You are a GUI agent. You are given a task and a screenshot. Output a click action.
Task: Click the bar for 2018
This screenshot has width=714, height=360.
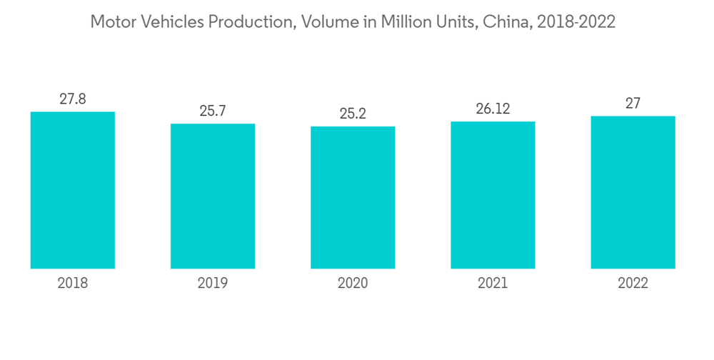coord(73,190)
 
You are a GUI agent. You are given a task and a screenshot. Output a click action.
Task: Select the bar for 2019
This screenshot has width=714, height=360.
coord(213,196)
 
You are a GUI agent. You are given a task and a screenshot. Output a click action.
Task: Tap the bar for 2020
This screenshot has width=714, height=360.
coord(353,197)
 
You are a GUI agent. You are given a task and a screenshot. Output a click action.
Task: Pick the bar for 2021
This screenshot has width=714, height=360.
coord(493,194)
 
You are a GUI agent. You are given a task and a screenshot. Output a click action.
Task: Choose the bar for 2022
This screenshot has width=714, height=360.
coord(633,192)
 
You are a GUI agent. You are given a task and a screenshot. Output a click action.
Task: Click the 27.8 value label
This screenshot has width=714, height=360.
coord(73,99)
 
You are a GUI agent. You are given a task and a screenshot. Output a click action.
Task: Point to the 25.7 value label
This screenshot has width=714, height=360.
coord(213,111)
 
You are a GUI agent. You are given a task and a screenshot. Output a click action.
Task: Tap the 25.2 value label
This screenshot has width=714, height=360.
coord(353,114)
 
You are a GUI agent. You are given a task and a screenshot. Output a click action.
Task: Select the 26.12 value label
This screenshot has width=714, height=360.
coord(493,109)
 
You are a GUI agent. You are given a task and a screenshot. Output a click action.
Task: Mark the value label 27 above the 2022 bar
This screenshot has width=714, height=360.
coord(633,104)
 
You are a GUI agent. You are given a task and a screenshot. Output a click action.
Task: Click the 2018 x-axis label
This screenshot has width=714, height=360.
coord(73,284)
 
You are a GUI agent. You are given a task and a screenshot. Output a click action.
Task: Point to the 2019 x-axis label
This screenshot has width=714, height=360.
coord(213,284)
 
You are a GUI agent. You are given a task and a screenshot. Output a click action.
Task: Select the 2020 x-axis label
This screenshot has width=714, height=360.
coord(353,284)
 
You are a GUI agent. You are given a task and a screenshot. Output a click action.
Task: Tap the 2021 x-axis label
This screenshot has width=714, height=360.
coord(493,284)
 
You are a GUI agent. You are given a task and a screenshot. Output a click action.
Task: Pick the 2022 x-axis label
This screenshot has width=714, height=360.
coord(633,284)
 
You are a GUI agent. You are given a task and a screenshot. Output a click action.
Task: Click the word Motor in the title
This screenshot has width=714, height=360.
coord(110,22)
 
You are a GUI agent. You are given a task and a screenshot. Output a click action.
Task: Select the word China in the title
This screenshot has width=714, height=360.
coord(505,22)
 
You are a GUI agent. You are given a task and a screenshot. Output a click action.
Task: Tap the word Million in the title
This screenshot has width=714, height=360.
coord(406,22)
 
